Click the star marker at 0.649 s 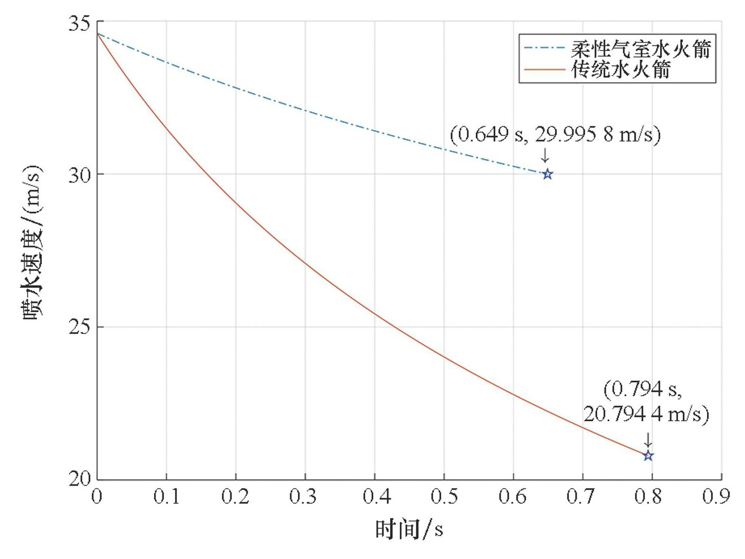point(547,174)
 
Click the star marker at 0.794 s point(648,455)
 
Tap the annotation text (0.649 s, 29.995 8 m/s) point(555,134)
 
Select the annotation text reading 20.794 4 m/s point(646,414)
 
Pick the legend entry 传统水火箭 point(620,70)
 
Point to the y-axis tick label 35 point(79,23)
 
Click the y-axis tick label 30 point(79,175)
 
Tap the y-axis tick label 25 point(79,327)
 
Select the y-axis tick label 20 point(79,479)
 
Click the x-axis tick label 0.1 point(166,496)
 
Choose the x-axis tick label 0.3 point(305,496)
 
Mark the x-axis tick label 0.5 point(443,496)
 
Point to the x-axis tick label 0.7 point(582,496)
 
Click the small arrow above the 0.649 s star point(545,156)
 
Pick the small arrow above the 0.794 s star point(648,440)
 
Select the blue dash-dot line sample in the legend point(544,48)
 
